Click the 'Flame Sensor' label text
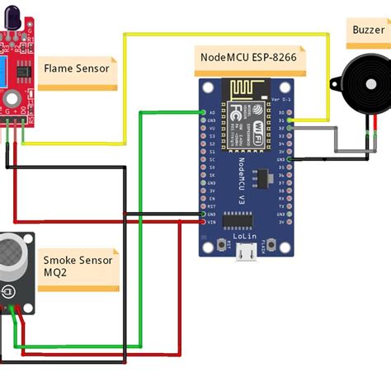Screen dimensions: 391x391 (x=76, y=68)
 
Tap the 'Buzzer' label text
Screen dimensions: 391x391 (x=369, y=29)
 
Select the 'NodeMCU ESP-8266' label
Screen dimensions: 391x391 (x=250, y=58)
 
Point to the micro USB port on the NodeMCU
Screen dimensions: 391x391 (x=245, y=255)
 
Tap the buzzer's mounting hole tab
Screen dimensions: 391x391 (x=334, y=82)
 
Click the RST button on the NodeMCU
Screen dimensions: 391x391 (x=224, y=244)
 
